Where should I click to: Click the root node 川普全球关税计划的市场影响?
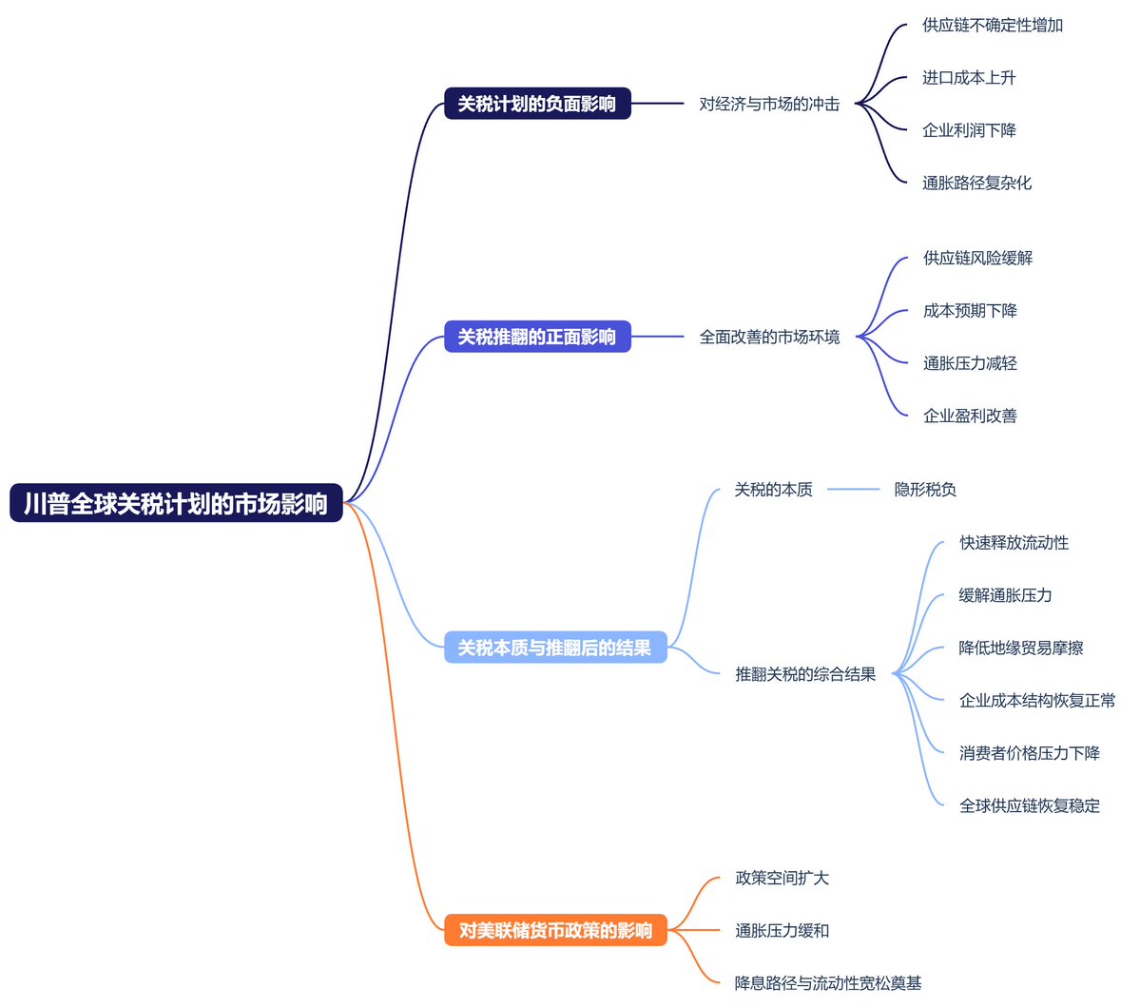click(x=176, y=503)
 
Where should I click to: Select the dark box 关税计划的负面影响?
click(x=537, y=104)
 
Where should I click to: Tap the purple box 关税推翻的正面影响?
click(x=537, y=337)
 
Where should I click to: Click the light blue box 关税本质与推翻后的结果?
click(x=555, y=648)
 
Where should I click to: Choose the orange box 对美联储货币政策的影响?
click(x=555, y=930)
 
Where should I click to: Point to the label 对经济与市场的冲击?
click(x=769, y=104)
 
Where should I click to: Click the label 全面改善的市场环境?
click(x=769, y=337)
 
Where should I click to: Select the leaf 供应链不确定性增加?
click(x=992, y=25)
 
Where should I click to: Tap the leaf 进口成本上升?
click(x=968, y=78)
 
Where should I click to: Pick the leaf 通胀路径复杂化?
click(x=976, y=183)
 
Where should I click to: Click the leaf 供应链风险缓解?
click(x=977, y=258)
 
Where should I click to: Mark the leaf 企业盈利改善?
click(x=970, y=416)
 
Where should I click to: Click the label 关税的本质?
click(x=773, y=490)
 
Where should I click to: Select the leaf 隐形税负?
click(x=924, y=490)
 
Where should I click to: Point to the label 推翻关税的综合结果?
click(x=805, y=674)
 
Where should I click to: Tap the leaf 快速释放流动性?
click(x=1014, y=543)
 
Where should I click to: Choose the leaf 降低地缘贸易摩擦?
click(x=1021, y=649)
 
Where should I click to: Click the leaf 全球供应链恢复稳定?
click(x=1030, y=805)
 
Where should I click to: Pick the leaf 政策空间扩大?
click(x=782, y=878)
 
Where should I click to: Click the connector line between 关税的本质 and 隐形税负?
click(x=853, y=490)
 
